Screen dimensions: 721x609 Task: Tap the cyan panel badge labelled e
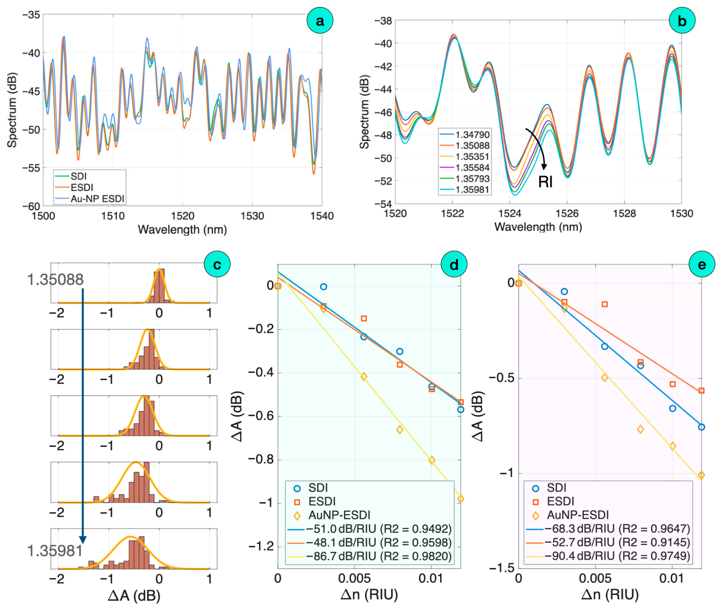702,265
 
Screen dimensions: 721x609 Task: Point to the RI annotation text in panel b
545,182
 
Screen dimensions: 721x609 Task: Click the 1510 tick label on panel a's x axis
113,216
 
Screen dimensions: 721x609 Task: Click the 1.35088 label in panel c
55,280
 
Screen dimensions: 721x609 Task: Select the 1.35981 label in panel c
55,551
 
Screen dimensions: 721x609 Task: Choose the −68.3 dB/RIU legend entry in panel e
608,529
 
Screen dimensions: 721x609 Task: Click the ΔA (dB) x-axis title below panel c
134,596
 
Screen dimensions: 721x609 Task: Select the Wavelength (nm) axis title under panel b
538,227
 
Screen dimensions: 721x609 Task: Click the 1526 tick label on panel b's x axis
567,214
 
